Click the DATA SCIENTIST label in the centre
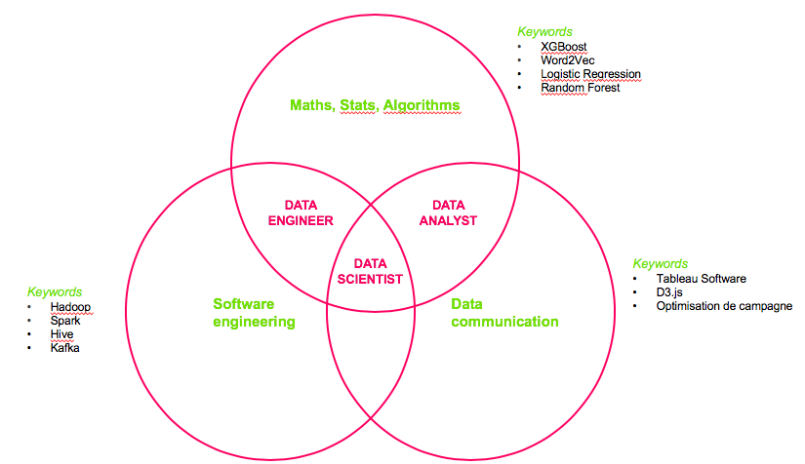370,270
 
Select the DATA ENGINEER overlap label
301,213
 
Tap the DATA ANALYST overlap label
448,213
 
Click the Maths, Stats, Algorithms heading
375,104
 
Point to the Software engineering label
254,313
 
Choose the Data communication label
504,313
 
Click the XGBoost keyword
564,47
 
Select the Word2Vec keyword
568,60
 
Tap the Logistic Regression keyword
590,74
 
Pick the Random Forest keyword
581,88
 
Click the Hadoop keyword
71,307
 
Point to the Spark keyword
66,320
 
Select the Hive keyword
63,333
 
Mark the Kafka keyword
65,347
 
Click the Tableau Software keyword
701,279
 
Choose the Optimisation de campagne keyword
724,306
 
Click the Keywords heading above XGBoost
544,32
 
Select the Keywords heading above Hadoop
55,291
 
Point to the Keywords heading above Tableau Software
661,263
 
